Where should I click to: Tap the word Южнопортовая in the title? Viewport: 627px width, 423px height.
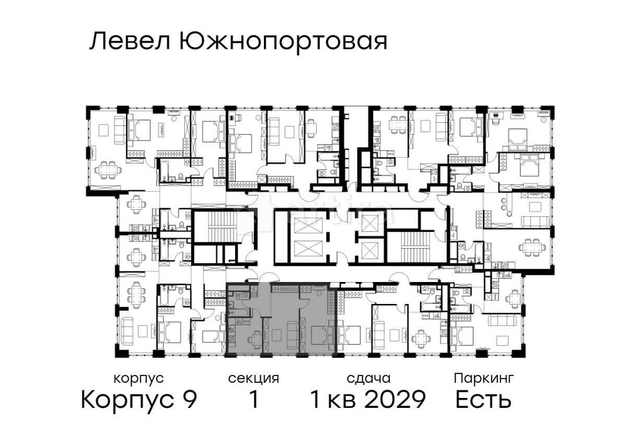pos(283,43)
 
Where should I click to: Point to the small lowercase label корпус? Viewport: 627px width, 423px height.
pos(139,379)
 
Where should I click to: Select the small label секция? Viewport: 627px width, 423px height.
pos(253,379)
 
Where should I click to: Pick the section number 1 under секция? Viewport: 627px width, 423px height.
pos(253,399)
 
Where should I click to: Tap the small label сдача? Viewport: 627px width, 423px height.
pos(369,379)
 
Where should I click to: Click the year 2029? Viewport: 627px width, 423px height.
pos(396,399)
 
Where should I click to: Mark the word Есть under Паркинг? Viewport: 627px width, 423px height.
pos(483,399)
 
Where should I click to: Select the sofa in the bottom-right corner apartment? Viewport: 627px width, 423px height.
pos(505,321)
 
